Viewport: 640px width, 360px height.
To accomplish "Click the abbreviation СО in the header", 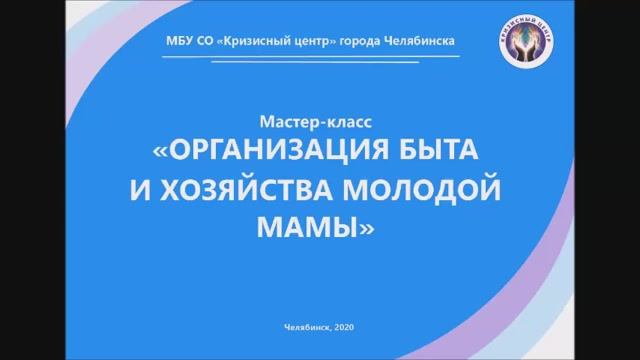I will point(203,41).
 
